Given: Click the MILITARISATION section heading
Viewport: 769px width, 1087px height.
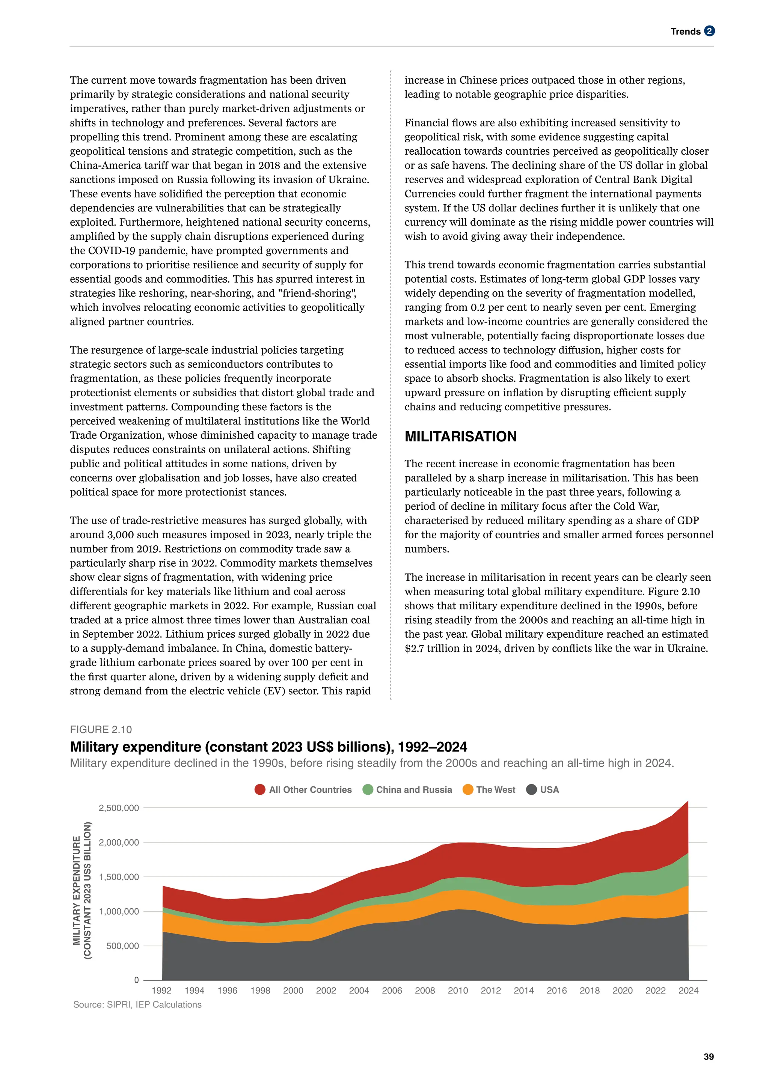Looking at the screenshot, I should (460, 436).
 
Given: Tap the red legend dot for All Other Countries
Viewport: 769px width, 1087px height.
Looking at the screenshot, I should (259, 789).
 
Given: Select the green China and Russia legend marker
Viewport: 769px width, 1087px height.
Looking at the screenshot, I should (368, 789).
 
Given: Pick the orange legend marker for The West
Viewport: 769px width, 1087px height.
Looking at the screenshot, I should (468, 789).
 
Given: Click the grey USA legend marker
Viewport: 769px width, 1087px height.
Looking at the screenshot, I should (531, 789).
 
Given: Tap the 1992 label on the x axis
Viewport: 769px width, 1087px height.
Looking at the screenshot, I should (161, 991).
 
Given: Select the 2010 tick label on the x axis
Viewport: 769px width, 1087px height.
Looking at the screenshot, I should (458, 991).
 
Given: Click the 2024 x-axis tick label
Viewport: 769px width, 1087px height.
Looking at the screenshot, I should (688, 991).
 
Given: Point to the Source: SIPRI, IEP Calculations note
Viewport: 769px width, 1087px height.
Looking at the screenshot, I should (137, 1005).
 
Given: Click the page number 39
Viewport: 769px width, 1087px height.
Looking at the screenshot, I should (709, 1057).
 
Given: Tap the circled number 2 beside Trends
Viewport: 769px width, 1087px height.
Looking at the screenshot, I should (709, 31).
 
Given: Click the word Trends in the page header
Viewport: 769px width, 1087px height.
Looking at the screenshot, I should (685, 32).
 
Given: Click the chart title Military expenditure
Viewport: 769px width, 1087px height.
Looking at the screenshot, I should (268, 747).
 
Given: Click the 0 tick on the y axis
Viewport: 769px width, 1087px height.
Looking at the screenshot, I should (136, 980).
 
